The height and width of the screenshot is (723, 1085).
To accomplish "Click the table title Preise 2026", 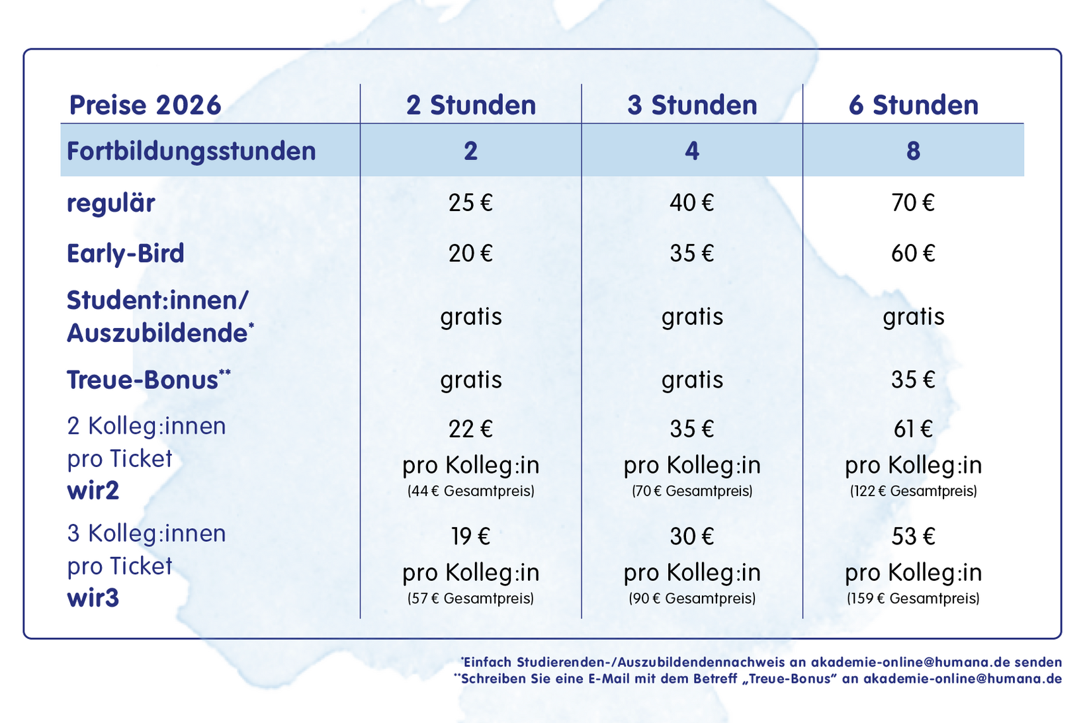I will pyautogui.click(x=145, y=105).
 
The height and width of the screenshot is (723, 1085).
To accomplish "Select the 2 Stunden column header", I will pyautogui.click(x=470, y=105).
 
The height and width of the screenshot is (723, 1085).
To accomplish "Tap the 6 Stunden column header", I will pyautogui.click(x=913, y=105).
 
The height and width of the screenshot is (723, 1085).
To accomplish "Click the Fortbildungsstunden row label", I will pyautogui.click(x=191, y=151).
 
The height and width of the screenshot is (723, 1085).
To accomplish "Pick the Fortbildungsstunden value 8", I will pyautogui.click(x=913, y=151).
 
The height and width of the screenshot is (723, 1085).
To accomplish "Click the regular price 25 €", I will pyautogui.click(x=470, y=202).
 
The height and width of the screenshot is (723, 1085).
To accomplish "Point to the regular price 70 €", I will pyautogui.click(x=913, y=202).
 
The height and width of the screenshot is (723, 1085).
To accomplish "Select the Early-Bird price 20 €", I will pyautogui.click(x=470, y=253).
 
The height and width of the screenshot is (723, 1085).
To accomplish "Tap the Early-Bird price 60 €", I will pyautogui.click(x=913, y=253).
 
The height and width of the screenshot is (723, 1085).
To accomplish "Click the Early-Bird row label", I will pyautogui.click(x=125, y=253).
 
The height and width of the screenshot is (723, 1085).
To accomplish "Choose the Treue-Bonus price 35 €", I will pyautogui.click(x=913, y=380).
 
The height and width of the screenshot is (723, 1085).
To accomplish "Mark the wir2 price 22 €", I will pyautogui.click(x=470, y=429).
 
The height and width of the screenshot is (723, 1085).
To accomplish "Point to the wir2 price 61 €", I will pyautogui.click(x=913, y=429).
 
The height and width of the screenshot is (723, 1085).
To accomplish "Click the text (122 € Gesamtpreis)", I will pyautogui.click(x=913, y=491).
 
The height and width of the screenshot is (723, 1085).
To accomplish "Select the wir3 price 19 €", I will pyautogui.click(x=470, y=536).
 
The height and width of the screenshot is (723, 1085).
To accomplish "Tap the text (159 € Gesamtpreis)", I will pyautogui.click(x=913, y=599).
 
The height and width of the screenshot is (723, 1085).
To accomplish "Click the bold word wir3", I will pyautogui.click(x=93, y=598).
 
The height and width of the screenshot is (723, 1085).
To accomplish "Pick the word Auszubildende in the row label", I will pyautogui.click(x=157, y=333).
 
